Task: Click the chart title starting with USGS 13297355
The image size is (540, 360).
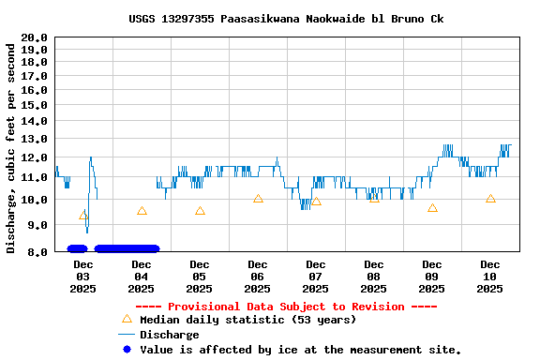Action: point(286,19)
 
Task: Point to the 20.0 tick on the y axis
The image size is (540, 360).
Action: point(34,37)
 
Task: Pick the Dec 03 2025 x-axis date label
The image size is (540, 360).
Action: point(82,277)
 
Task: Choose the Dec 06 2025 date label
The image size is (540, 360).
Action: point(258,277)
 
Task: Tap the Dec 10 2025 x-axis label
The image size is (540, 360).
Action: point(490,277)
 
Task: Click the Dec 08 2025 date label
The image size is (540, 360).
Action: point(374,277)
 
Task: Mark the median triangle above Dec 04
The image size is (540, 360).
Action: point(142,211)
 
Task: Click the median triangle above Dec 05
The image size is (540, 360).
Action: point(200,211)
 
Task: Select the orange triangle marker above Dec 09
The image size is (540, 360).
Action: point(432,207)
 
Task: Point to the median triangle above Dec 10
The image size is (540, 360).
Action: point(490,199)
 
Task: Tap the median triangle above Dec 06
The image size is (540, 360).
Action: point(258,199)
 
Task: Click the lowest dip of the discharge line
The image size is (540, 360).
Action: point(87,232)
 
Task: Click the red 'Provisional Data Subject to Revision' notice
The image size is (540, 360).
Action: point(286,307)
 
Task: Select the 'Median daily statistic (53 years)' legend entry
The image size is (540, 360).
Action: point(247,320)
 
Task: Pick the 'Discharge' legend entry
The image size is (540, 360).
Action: point(169,335)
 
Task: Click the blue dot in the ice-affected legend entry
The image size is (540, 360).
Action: point(127,350)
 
